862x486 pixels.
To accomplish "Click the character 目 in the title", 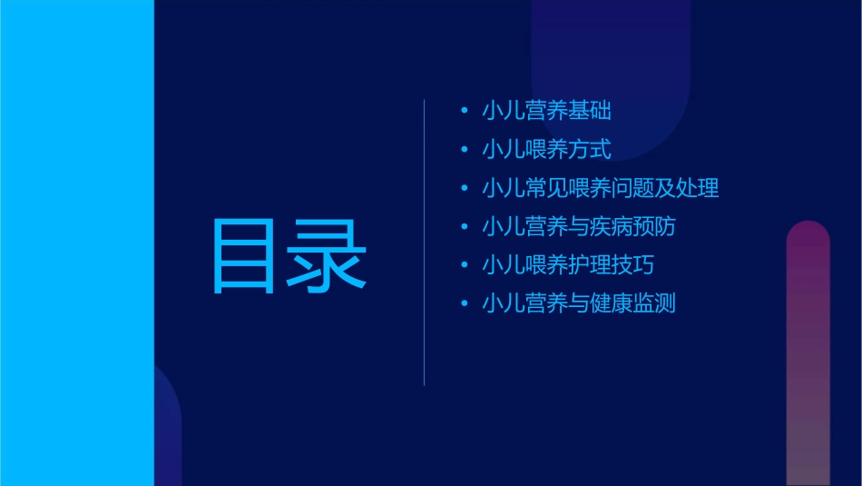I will click(x=243, y=255).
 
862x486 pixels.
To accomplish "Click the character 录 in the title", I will click(x=328, y=255).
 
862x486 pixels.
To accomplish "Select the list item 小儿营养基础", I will click(x=546, y=111).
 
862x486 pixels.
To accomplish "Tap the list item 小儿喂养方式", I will click(x=546, y=149).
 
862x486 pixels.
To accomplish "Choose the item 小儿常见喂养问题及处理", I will click(x=601, y=188).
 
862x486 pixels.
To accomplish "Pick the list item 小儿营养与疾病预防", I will click(x=579, y=226).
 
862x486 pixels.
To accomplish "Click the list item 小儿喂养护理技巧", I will click(x=568, y=265).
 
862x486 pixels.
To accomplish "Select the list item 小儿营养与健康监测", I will click(x=579, y=303).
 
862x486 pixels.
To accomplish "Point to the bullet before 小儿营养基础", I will click(x=465, y=112).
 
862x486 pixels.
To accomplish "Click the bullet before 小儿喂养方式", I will click(x=465, y=150).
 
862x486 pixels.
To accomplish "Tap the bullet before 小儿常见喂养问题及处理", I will click(x=465, y=189).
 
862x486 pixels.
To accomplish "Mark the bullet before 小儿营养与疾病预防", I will click(x=465, y=227).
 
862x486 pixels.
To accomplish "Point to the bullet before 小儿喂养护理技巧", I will click(x=465, y=266).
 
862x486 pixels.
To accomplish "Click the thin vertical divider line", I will click(x=425, y=243).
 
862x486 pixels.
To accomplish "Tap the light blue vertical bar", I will click(x=76, y=243).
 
